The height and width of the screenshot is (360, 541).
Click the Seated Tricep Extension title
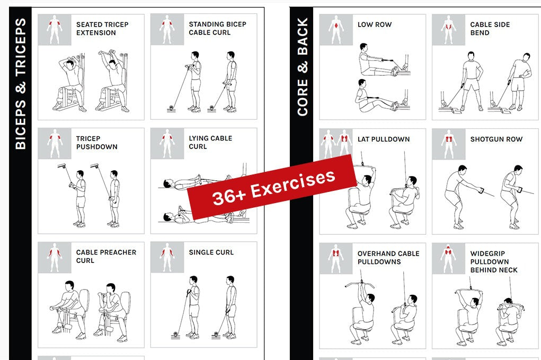coord(102,29)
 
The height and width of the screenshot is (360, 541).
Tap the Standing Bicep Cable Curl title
coord(217,28)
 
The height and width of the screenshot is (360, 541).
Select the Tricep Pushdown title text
coord(96,143)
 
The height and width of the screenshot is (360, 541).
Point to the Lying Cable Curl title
coord(210,142)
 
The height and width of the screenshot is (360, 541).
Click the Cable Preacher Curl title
coord(107,257)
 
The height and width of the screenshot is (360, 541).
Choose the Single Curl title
coord(211,252)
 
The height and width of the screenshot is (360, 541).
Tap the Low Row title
coord(375,24)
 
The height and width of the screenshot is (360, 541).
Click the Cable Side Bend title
coord(490,29)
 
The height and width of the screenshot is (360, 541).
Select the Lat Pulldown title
coord(384,139)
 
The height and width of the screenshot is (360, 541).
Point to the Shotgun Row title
coord(496,139)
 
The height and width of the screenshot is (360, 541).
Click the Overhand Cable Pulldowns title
coord(388,258)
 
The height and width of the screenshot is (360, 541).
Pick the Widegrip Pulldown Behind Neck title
coord(494,261)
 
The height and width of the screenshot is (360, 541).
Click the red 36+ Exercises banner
coord(272,187)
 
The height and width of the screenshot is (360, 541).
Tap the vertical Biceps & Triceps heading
coord(20,84)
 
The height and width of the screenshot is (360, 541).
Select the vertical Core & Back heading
coord(302,67)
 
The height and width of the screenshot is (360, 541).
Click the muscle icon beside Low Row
coord(336,30)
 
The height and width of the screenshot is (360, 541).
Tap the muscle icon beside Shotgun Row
coord(448,144)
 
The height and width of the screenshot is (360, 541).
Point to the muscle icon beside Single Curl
coord(167,258)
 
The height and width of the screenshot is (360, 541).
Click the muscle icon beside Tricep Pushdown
coord(55,144)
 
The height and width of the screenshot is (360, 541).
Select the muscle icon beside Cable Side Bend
coord(448,30)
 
